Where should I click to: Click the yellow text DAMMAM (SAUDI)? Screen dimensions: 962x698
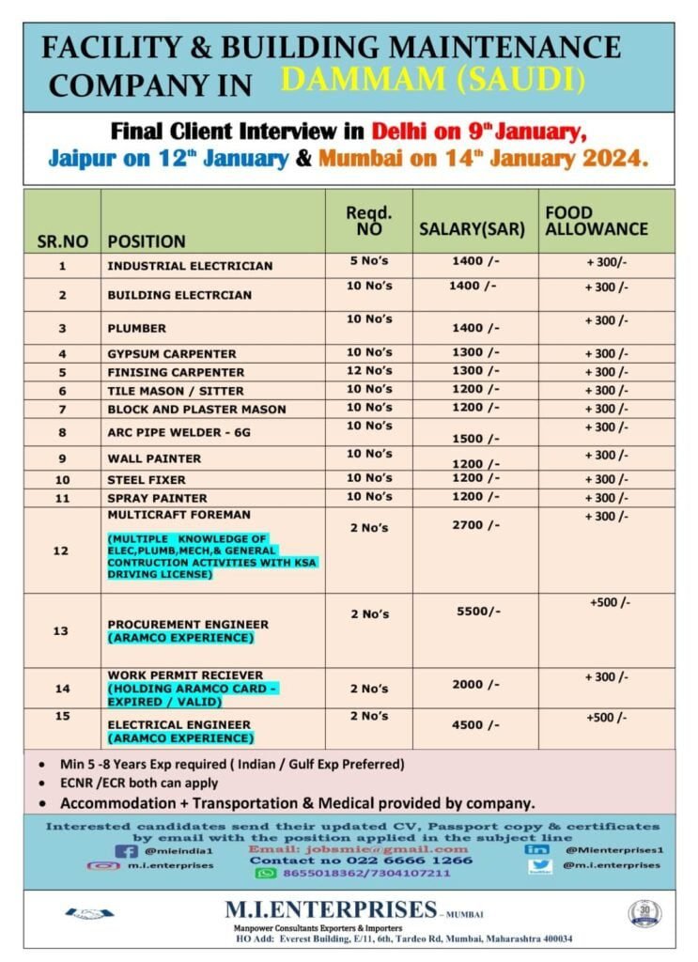pos(433,81)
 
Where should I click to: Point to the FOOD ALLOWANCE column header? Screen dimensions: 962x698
pos(596,221)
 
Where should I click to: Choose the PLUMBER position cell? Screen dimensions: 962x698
pos(137,329)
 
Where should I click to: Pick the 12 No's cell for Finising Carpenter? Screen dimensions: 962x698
pos(369,371)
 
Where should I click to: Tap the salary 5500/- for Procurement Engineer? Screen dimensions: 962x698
pos(478,611)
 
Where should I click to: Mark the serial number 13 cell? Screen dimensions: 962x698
pos(61,630)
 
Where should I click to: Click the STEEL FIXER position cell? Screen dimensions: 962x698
pos(147,480)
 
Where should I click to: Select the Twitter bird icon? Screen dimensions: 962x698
pos(540,866)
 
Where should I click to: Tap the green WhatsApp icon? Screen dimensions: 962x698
pos(266,873)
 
